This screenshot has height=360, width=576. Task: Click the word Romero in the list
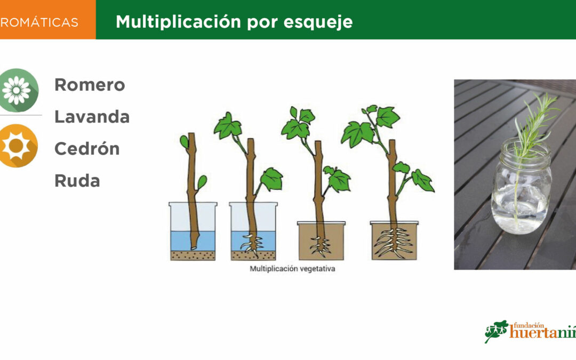click(90, 85)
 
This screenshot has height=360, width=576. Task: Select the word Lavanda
click(92, 117)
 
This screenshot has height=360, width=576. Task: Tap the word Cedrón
click(87, 149)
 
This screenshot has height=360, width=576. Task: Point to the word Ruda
click(77, 181)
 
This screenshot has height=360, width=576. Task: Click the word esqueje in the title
click(318, 22)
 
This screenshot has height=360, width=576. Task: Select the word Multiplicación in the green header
click(179, 22)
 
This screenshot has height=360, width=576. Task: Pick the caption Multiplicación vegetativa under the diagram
click(292, 268)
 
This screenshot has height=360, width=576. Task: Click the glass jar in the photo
click(522, 187)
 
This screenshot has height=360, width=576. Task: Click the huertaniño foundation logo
click(530, 331)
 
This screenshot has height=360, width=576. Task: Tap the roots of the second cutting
click(252, 244)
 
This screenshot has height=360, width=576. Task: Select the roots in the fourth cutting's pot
click(394, 243)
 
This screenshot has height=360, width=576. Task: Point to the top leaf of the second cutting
click(228, 126)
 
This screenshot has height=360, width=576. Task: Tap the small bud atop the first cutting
click(184, 141)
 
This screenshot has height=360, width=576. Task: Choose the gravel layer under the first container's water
click(193, 255)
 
